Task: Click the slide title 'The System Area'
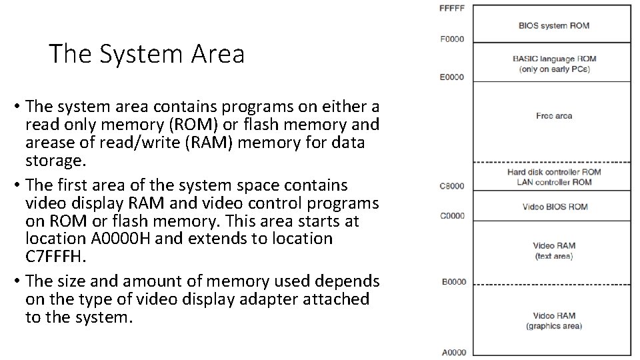pyautogui.click(x=147, y=54)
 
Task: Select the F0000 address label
pyautogui.click(x=453, y=39)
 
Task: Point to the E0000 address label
pyautogui.click(x=452, y=77)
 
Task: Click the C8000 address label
pyautogui.click(x=452, y=185)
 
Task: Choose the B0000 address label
pyautogui.click(x=453, y=282)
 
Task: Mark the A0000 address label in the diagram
pyautogui.click(x=453, y=352)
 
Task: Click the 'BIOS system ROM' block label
pyautogui.click(x=554, y=26)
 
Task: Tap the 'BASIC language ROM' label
pyautogui.click(x=554, y=59)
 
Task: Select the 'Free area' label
pyautogui.click(x=554, y=116)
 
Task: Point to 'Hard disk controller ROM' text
pyautogui.click(x=554, y=172)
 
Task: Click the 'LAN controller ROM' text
pyautogui.click(x=554, y=182)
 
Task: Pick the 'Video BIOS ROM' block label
pyautogui.click(x=555, y=207)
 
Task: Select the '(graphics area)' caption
pyautogui.click(x=554, y=326)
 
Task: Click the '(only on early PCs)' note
pyautogui.click(x=554, y=69)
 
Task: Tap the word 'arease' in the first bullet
pyautogui.click(x=50, y=143)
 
